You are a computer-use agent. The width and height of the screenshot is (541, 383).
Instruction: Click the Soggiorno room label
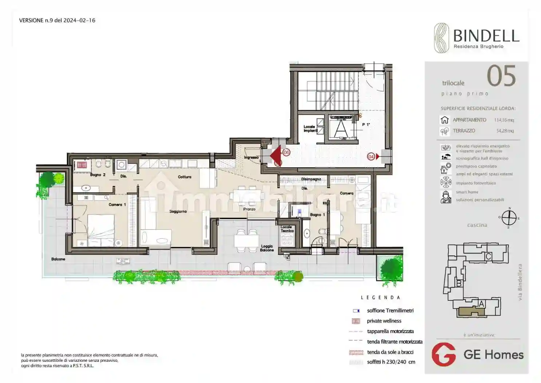click(x=178, y=212)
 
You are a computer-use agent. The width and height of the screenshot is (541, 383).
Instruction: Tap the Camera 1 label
click(x=117, y=205)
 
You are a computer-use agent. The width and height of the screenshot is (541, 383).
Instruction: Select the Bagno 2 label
click(x=98, y=175)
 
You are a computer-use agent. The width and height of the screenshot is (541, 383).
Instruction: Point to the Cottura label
click(x=184, y=177)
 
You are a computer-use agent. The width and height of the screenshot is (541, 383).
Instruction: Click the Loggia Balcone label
click(x=267, y=248)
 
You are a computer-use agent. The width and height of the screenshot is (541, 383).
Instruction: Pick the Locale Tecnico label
click(x=287, y=229)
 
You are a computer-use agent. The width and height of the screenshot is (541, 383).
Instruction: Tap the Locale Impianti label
click(x=310, y=129)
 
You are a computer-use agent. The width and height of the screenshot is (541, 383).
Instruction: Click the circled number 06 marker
click(x=286, y=152)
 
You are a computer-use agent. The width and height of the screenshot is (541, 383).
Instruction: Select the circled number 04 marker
click(x=371, y=156)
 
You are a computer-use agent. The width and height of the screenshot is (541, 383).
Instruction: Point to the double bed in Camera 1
click(x=101, y=230)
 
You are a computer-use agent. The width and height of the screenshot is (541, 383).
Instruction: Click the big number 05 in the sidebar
click(x=501, y=76)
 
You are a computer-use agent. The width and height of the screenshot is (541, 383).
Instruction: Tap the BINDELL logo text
click(x=486, y=36)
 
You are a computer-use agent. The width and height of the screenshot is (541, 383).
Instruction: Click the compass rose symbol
click(x=509, y=218)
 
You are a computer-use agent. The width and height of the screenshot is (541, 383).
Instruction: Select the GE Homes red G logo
click(x=443, y=354)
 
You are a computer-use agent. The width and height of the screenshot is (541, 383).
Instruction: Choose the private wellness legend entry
click(x=384, y=321)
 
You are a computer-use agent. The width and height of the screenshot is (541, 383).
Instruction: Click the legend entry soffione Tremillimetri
click(x=390, y=311)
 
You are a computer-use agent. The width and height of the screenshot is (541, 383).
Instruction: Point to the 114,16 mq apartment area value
click(x=504, y=120)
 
